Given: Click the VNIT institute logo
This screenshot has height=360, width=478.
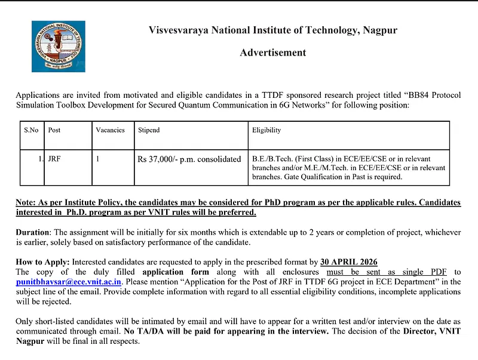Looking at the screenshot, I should tap(59, 46).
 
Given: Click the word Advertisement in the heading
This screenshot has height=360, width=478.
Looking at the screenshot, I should tap(272, 53).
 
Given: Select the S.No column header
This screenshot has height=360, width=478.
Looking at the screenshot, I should tap(31, 130).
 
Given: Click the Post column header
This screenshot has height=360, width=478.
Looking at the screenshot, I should tap(54, 130).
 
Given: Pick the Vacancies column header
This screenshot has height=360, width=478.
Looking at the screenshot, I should tap(110, 130).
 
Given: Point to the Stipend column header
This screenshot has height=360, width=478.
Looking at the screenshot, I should tap(149, 130).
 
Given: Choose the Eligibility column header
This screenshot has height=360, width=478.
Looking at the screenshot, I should tap(266, 130).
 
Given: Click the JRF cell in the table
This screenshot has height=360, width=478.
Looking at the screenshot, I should tap(54, 159).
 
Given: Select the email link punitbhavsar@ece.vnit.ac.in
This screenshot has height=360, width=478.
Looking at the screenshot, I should tap(69, 281).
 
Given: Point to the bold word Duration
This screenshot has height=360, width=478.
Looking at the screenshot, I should tap(33, 232).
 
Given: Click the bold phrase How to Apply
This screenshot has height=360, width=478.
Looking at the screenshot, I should tap(42, 261).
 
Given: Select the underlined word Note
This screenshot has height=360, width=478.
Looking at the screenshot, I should tap(25, 202).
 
